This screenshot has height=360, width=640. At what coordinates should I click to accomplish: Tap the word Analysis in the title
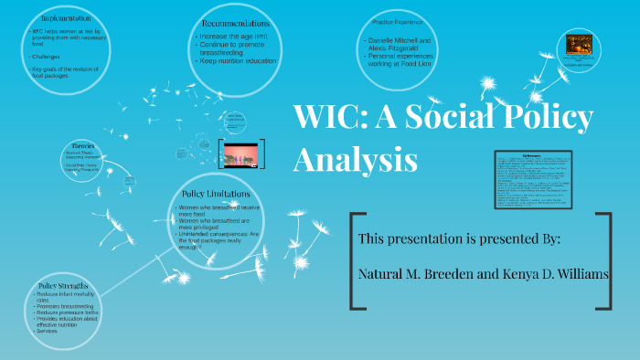tap(355, 159)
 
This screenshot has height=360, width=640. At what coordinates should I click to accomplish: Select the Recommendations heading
tap(235, 22)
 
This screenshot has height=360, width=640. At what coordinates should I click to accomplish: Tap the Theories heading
tap(83, 145)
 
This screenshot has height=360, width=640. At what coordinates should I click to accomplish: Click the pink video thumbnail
tap(241, 153)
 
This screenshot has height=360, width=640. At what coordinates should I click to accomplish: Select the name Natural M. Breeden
tap(418, 274)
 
